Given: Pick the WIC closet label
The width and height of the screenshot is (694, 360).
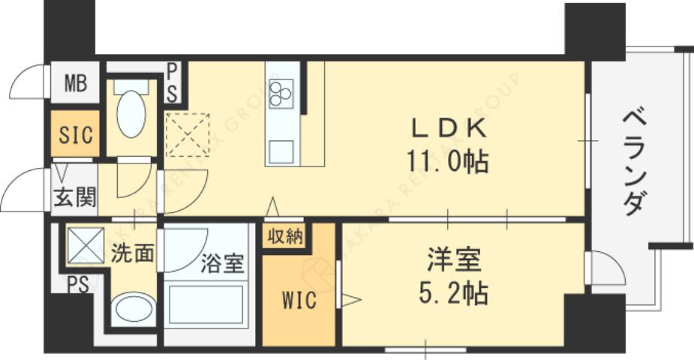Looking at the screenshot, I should pyautogui.click(x=299, y=301).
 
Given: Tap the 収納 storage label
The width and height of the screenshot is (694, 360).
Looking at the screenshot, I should pyautogui.click(x=285, y=236).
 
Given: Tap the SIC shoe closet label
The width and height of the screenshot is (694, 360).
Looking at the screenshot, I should pyautogui.click(x=75, y=136).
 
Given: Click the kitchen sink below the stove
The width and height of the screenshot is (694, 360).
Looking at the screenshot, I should pyautogui.click(x=283, y=150).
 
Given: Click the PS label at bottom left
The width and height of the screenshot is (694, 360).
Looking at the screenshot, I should pyautogui.click(x=76, y=284).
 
